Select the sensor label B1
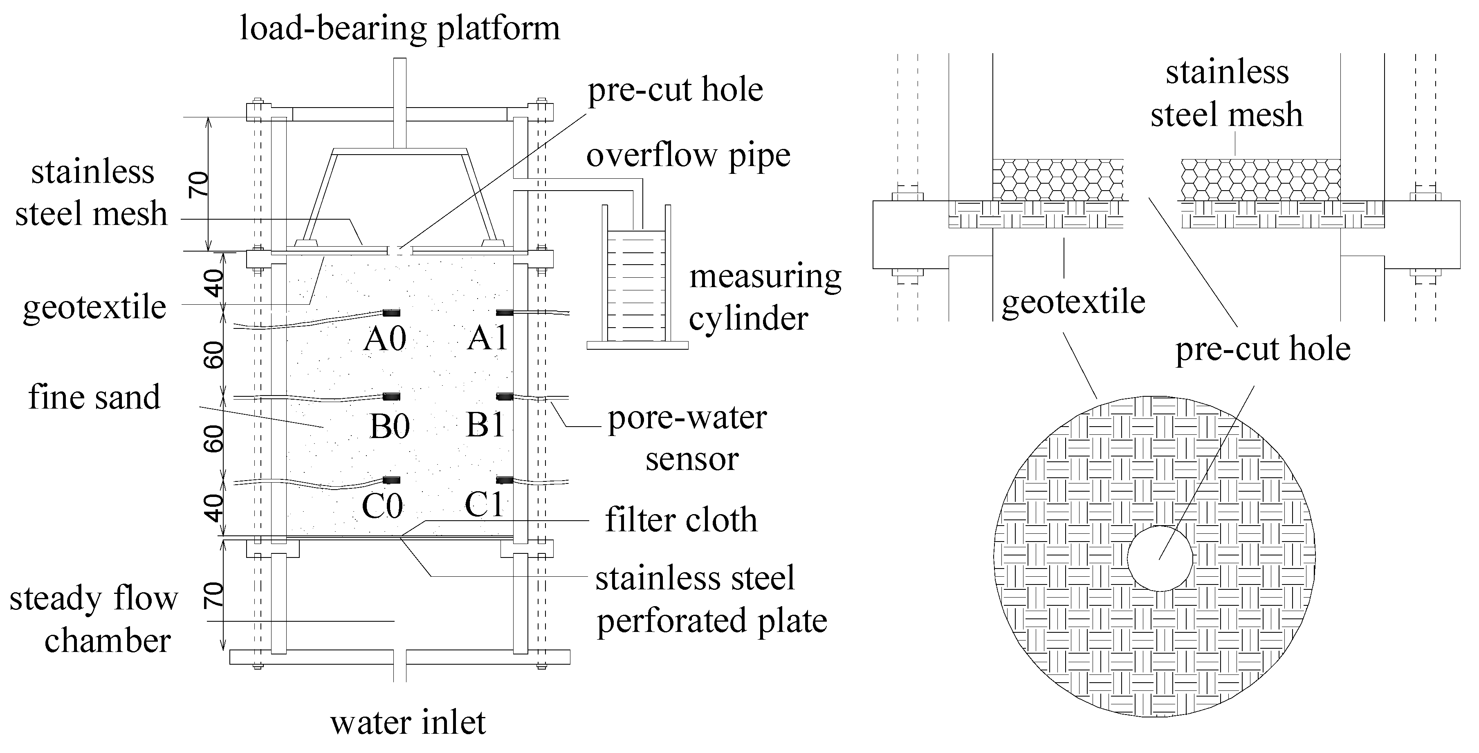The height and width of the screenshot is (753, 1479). tap(485, 426)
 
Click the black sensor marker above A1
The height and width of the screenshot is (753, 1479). tap(505, 312)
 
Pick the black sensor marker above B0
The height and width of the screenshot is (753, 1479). tap(392, 396)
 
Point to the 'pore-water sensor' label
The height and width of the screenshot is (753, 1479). tap(688, 438)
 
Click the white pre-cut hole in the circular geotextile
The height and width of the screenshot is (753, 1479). tap(1160, 558)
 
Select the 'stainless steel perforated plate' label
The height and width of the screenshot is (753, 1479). tap(711, 599)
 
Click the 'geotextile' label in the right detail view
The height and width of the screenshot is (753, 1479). tap(1073, 302)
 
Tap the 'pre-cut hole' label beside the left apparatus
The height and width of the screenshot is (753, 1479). tap(675, 90)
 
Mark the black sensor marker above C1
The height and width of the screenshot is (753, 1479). tap(505, 480)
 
